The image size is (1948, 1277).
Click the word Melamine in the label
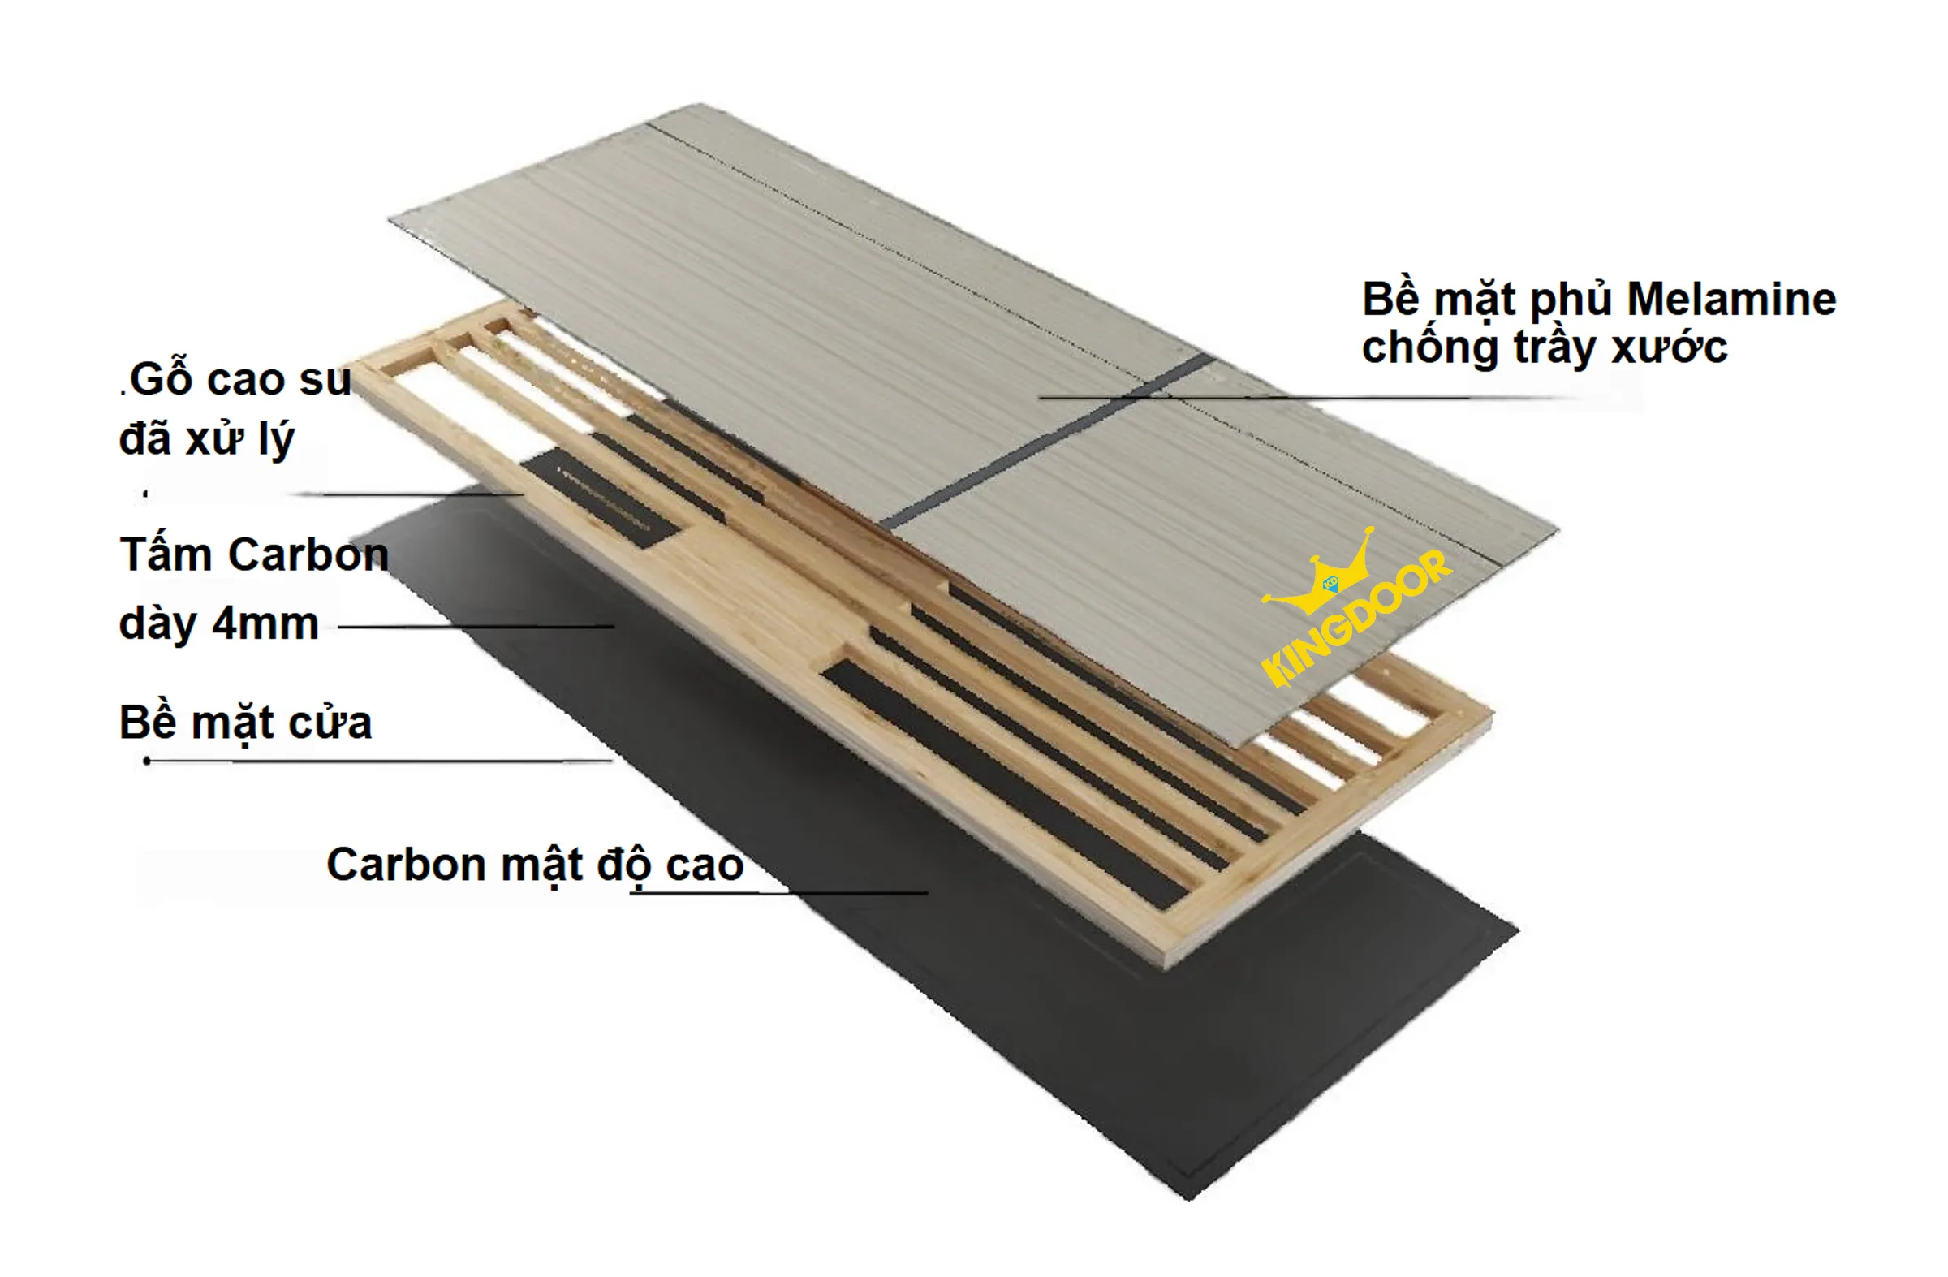point(1731,300)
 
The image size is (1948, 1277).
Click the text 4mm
point(265,623)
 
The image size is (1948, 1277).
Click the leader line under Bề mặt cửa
point(377,761)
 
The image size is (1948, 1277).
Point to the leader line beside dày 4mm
point(475,627)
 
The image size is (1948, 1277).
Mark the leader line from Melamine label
point(1309,398)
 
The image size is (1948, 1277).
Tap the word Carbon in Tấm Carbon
point(308,555)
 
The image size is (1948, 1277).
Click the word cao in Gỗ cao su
point(245,380)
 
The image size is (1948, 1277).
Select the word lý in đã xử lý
point(276,440)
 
